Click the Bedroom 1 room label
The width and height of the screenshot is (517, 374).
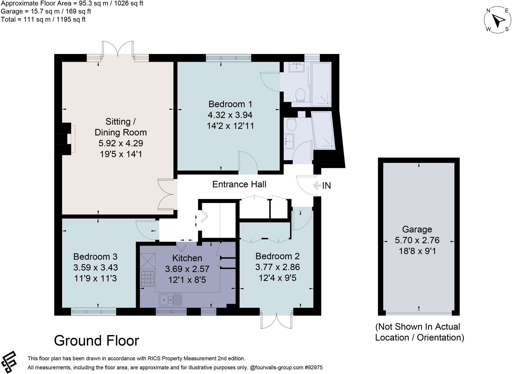pos(230,104)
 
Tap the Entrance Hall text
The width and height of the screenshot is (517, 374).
pos(239,184)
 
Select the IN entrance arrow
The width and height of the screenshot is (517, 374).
pos(317,186)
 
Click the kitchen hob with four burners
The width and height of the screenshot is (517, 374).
pos(148,278)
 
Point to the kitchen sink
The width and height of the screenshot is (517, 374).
pos(170,300)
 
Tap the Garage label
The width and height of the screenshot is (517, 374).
pos(417,229)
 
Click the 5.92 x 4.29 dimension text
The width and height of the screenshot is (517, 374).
pos(121,143)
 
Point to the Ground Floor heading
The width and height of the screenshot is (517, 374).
pos(96,340)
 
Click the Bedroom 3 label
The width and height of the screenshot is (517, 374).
pos(95,256)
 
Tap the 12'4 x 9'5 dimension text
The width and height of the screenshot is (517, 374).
pos(277,278)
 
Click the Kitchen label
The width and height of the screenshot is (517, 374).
pos(187,258)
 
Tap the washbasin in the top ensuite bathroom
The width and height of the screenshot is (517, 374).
pos(297,68)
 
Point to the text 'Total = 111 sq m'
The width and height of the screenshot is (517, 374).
pos(43,19)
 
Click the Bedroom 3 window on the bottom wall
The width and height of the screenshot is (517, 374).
pos(93,312)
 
